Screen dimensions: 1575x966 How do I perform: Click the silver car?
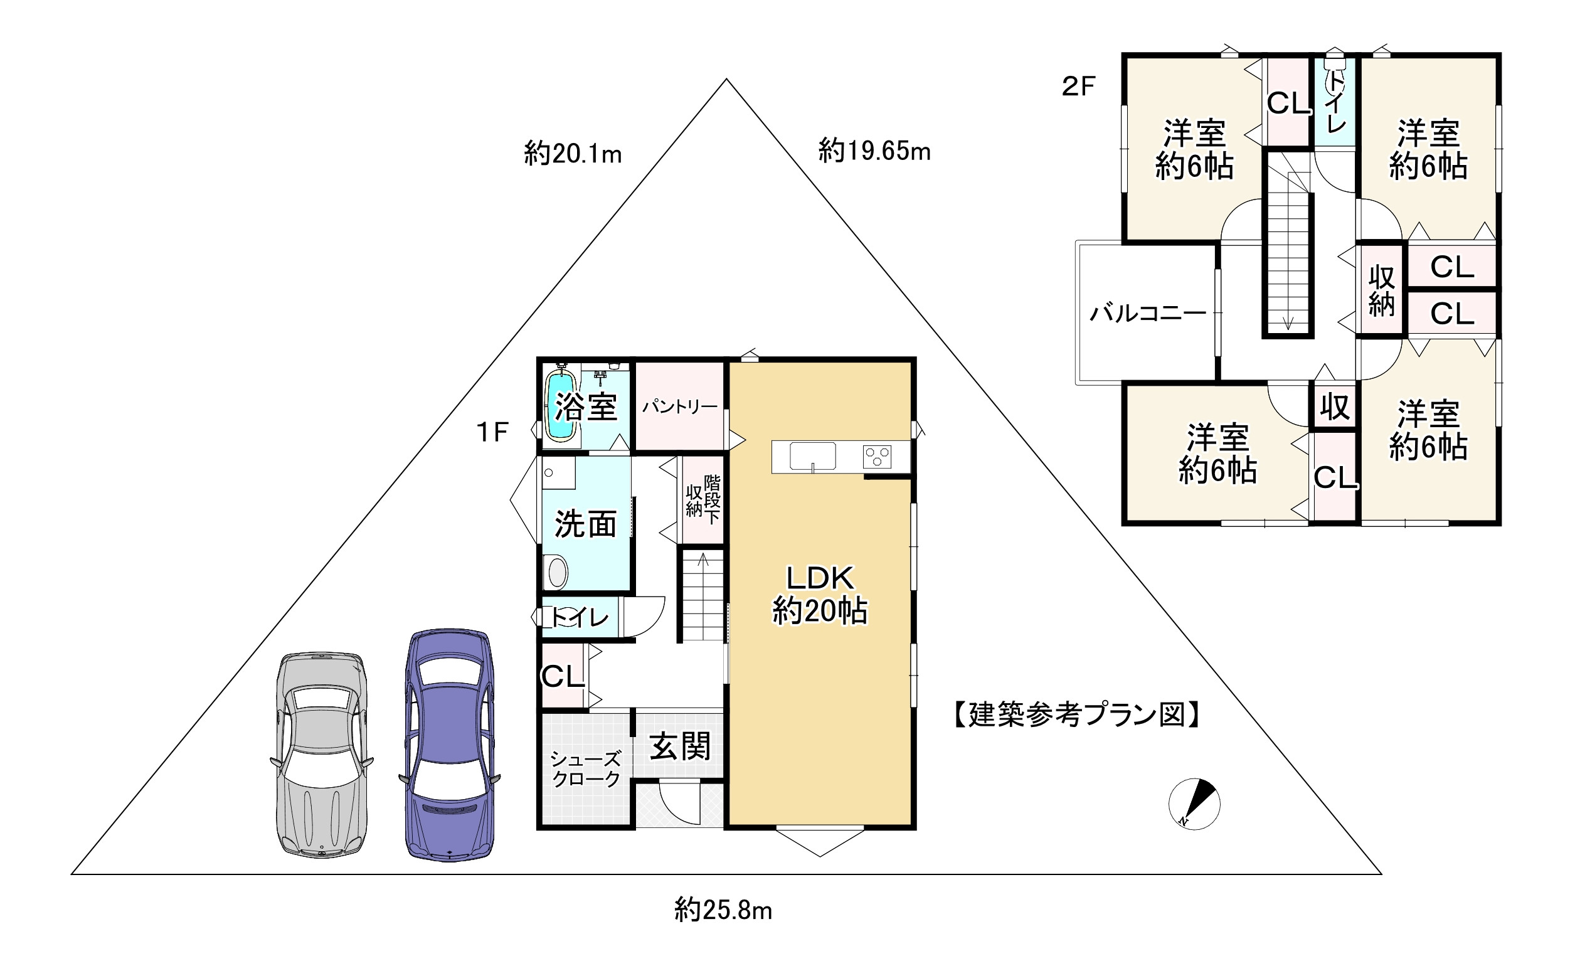(x=322, y=754)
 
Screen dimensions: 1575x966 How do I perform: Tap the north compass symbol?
(x=1194, y=804)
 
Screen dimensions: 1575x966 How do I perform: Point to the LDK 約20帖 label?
(x=820, y=595)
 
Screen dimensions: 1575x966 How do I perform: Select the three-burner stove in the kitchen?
(x=877, y=457)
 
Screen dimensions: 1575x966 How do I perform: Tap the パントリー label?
(x=680, y=406)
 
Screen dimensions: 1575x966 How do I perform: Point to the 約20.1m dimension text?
(x=573, y=154)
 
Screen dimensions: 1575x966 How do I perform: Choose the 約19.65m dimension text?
(x=874, y=151)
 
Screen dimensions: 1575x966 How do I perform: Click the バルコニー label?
(x=1147, y=313)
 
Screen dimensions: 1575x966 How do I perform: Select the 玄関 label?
(x=680, y=746)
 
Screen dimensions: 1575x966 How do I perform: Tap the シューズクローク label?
(x=585, y=769)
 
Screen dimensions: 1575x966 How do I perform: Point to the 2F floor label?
(x=1079, y=87)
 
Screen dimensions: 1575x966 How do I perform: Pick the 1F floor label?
(x=492, y=433)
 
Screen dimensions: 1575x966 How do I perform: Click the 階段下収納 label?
(x=703, y=499)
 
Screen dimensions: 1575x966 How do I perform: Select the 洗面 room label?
(x=585, y=524)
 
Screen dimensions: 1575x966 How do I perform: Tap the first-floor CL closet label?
(x=563, y=676)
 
